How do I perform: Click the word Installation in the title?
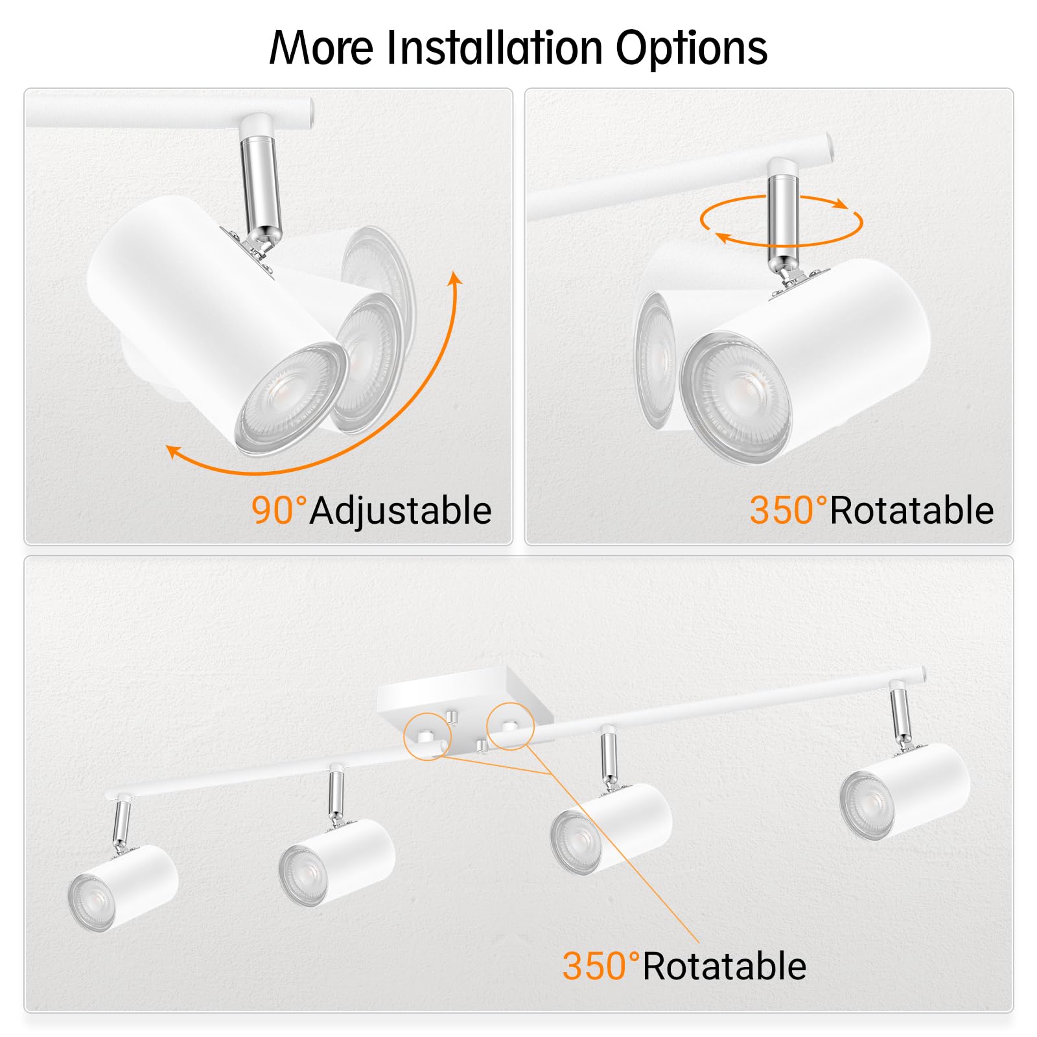495,48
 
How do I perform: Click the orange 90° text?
279,510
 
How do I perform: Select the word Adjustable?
401,511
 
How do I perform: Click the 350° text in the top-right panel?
788,510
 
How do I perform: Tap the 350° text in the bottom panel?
601,966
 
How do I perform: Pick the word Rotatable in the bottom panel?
725,966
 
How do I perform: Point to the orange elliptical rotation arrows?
781,221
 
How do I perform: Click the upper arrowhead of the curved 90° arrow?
456,279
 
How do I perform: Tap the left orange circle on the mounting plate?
426,736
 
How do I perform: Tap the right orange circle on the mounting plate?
510,726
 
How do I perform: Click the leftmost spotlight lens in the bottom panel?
91,903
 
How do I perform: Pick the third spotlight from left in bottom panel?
611,828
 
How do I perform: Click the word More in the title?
321,48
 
